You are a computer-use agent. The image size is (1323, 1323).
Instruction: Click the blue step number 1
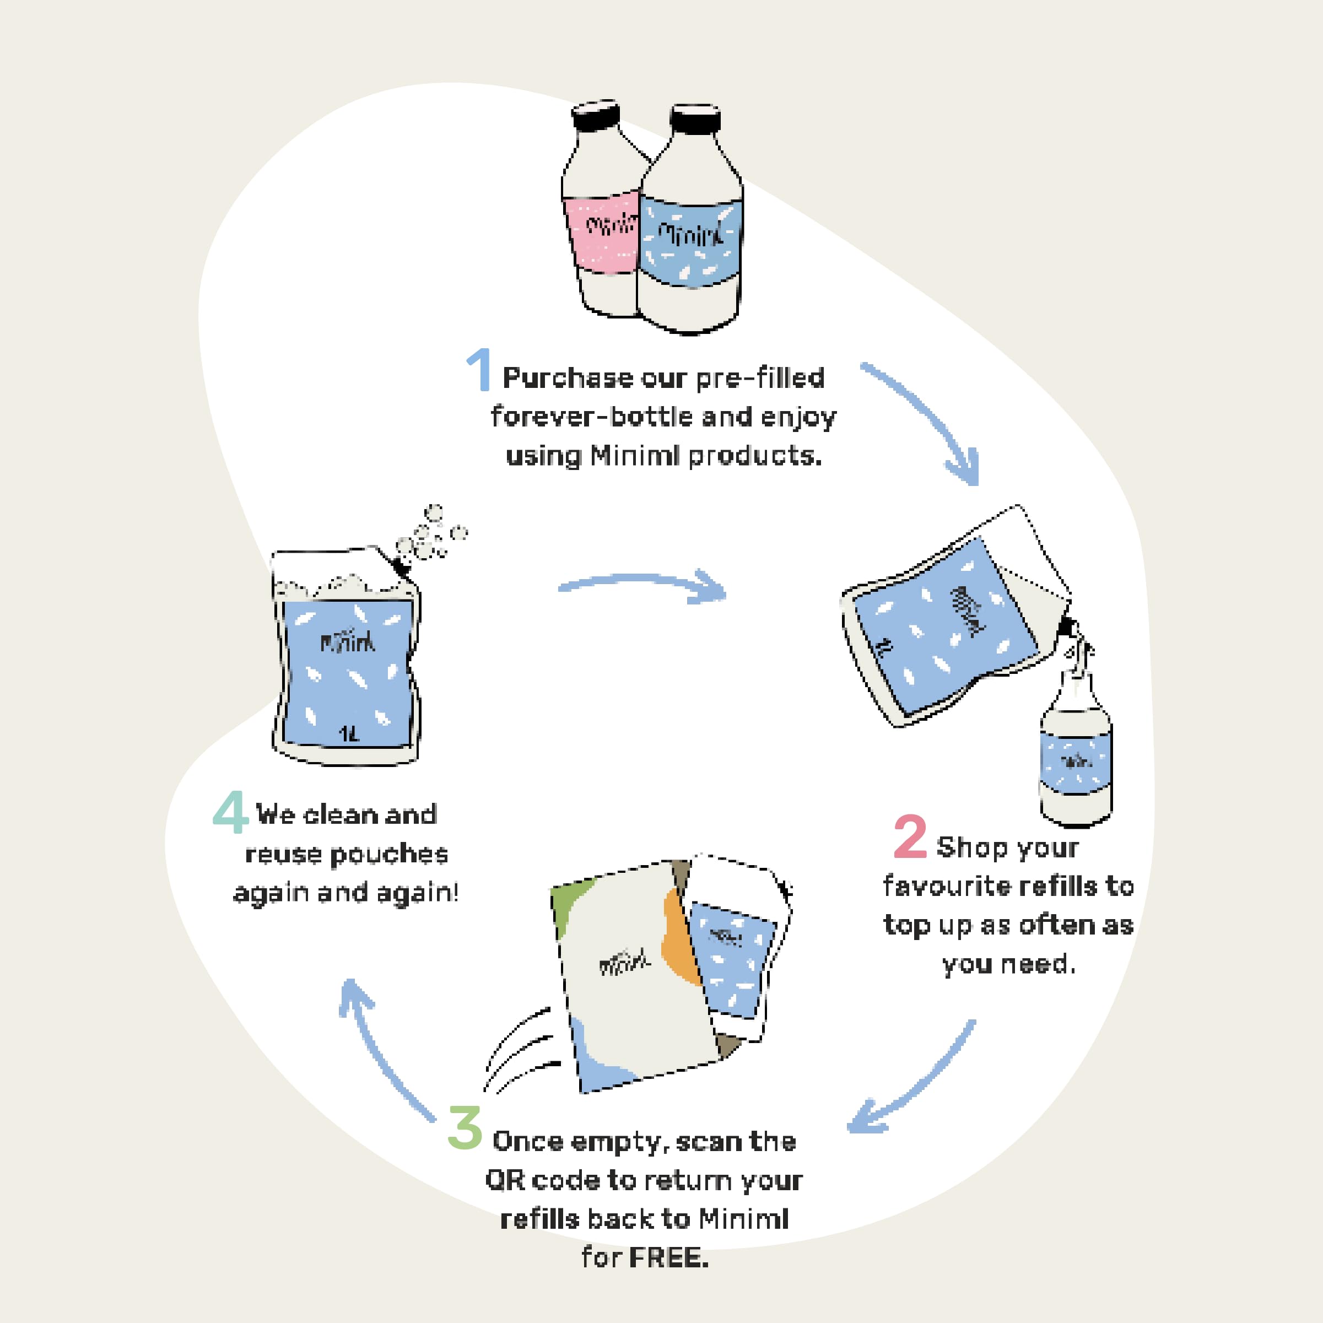(480, 370)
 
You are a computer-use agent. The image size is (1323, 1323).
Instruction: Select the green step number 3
(465, 1128)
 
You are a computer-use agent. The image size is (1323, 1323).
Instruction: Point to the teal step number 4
(230, 812)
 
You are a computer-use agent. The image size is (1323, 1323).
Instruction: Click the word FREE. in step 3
(668, 1258)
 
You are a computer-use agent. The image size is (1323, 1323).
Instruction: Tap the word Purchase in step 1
(568, 378)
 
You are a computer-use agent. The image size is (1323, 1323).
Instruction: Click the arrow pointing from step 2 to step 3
(911, 1082)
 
